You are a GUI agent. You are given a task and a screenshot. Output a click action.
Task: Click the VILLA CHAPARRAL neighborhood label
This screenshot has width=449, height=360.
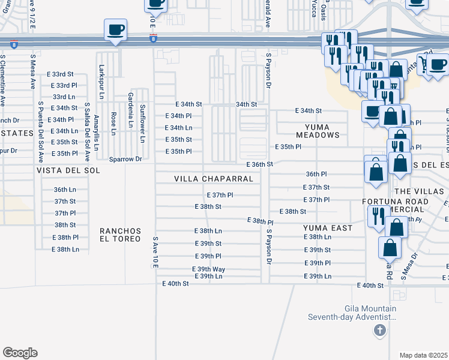[x=214, y=179]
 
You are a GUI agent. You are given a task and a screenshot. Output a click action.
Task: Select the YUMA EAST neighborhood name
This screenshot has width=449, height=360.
[x=328, y=228]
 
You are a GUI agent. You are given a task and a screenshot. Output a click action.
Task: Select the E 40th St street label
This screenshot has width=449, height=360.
[x=370, y=286]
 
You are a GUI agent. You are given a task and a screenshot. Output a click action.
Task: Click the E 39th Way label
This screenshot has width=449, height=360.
[x=208, y=269]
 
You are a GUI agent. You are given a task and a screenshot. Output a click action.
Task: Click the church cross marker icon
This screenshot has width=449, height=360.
[x=379, y=330]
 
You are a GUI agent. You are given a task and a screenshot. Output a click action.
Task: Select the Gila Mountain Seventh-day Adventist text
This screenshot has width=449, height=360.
[x=352, y=312]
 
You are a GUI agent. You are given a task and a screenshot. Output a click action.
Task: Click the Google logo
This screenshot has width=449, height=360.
[x=20, y=352]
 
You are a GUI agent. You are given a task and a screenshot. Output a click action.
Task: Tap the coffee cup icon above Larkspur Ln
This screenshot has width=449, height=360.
[x=115, y=29]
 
